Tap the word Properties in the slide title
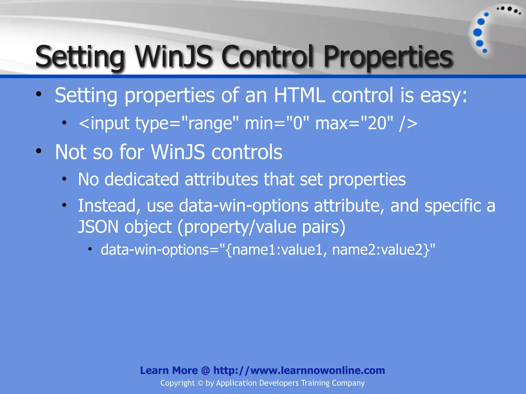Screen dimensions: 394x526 (388, 57)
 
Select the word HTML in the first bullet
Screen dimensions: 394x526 (299, 95)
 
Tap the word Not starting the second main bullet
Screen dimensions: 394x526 (71, 152)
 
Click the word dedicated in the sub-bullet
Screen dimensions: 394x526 (142, 179)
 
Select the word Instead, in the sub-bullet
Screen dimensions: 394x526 (109, 206)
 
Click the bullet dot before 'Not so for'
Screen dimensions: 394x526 (39, 151)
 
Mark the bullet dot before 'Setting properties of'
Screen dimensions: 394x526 (39, 94)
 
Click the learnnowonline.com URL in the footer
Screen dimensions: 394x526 (299, 370)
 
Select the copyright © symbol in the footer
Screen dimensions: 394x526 (200, 383)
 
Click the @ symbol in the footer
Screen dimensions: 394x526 (205, 370)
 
